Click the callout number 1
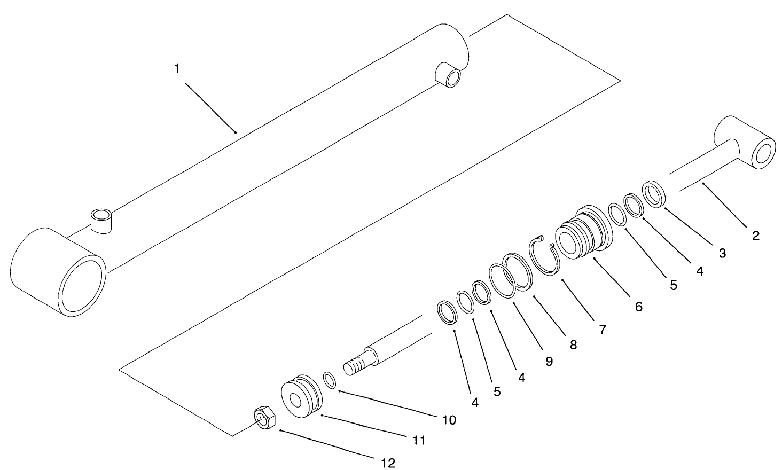click(x=177, y=69)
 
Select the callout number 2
click(x=755, y=236)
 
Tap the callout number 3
click(x=722, y=253)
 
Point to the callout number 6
click(x=638, y=307)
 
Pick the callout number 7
click(x=602, y=330)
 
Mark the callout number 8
click(x=573, y=345)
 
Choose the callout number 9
click(x=549, y=361)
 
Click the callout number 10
click(x=449, y=420)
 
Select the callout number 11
click(x=418, y=440)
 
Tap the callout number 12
click(x=388, y=463)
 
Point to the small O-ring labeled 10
click(x=330, y=381)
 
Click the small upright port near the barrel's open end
click(x=101, y=221)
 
